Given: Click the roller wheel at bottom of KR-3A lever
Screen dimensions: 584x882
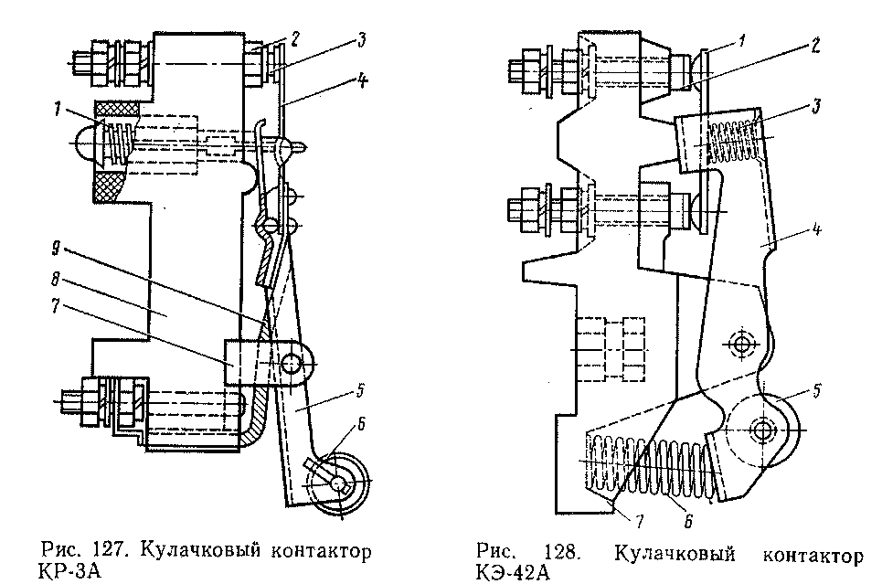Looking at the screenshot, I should (340, 483).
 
